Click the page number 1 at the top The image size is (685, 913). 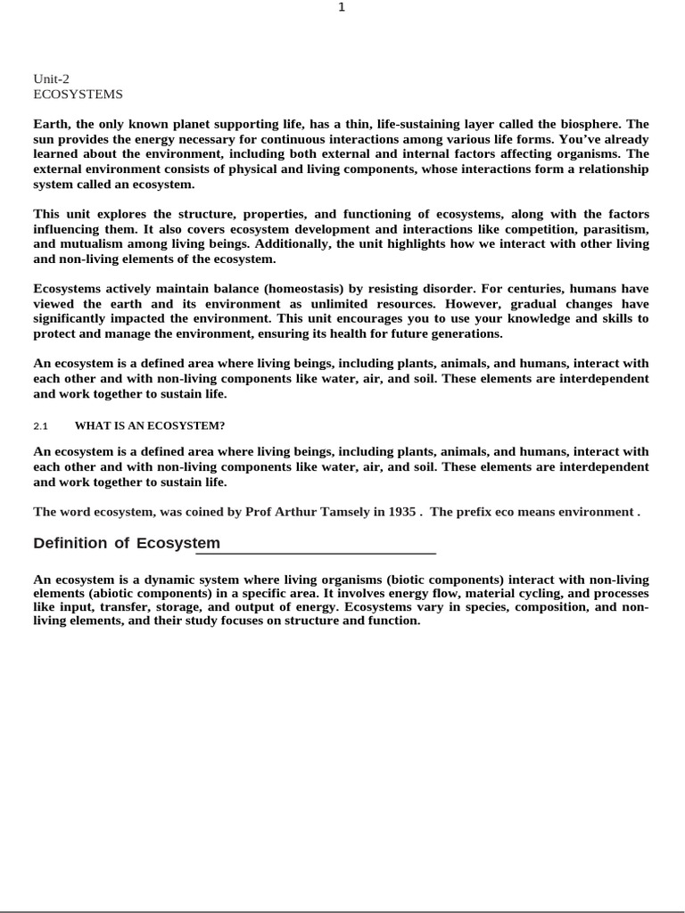(342, 7)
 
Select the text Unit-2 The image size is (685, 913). (51, 78)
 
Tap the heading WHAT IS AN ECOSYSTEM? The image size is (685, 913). (149, 426)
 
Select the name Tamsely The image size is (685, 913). (333, 512)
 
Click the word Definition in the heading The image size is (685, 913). (70, 543)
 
